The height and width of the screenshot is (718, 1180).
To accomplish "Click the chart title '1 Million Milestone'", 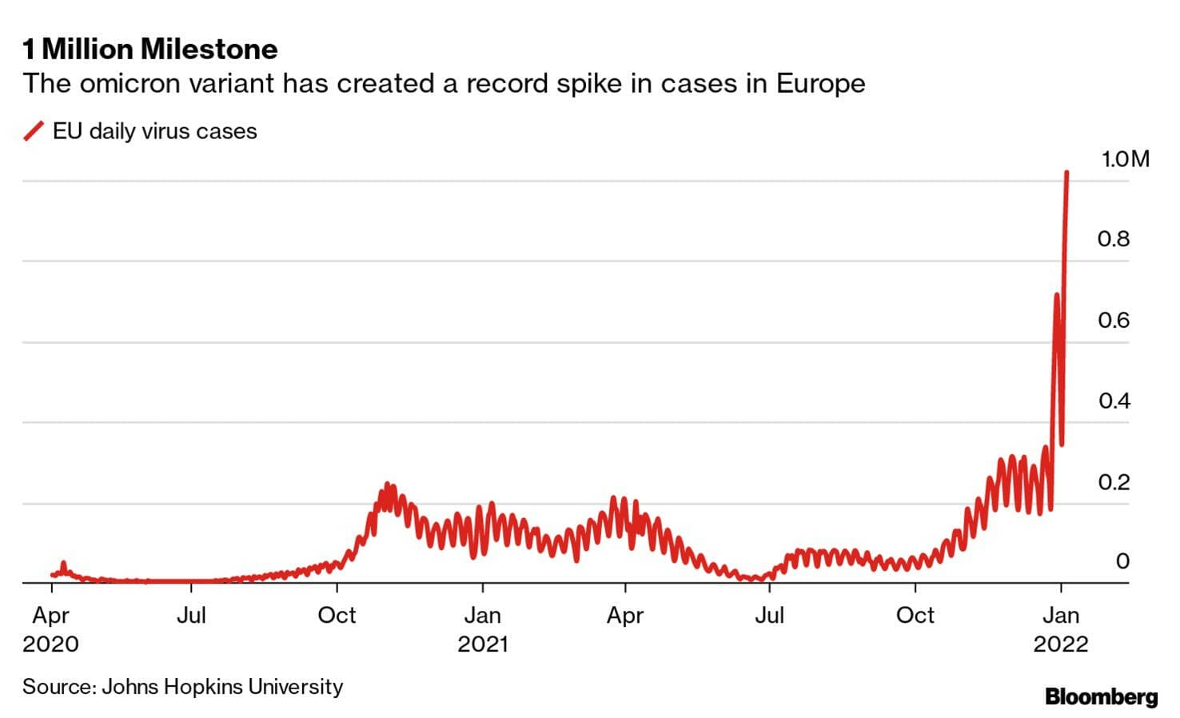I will click(x=150, y=50).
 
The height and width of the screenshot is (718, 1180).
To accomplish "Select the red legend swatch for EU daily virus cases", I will click(x=34, y=131).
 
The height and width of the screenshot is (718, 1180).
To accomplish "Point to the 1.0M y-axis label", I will click(x=1125, y=159).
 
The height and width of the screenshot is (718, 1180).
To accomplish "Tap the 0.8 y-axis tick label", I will click(x=1114, y=238).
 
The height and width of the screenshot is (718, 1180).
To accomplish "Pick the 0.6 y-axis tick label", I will click(x=1114, y=320).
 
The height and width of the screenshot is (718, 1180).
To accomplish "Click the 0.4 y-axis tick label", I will click(x=1114, y=401).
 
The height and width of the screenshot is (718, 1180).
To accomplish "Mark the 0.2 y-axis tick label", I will click(x=1114, y=481).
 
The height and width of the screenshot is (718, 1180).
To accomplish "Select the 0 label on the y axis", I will click(x=1122, y=561).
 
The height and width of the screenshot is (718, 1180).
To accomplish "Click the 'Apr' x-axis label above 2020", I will click(x=51, y=615).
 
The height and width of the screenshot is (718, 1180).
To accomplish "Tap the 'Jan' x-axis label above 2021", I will click(x=483, y=615).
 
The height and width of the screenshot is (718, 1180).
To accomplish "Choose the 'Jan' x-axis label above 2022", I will click(x=1061, y=615).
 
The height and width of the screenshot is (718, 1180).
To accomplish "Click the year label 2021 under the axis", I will click(x=483, y=644).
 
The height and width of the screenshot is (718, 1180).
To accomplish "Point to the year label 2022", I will click(x=1061, y=644).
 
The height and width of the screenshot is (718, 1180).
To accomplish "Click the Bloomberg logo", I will click(x=1101, y=696).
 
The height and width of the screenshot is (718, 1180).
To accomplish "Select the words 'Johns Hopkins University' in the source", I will click(x=222, y=686).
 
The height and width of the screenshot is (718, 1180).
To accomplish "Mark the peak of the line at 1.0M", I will click(x=1066, y=172).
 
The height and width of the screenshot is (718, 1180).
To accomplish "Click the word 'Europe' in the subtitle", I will click(x=820, y=84).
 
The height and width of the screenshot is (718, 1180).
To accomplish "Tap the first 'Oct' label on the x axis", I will click(x=337, y=615).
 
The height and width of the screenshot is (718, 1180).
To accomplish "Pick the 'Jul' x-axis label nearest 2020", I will click(x=191, y=615).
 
